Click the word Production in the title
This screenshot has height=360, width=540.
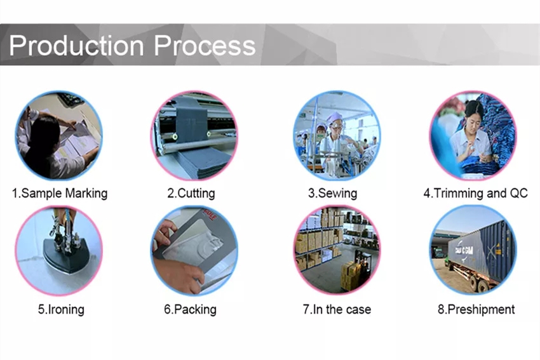coord(76,45)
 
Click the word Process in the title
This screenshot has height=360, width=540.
coord(205,45)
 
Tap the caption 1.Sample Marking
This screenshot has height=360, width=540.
coord(60,193)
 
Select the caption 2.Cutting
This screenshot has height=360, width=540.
coord(191,193)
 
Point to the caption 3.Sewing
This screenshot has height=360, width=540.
coord(332,193)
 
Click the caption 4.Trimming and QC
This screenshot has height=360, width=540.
coord(476,193)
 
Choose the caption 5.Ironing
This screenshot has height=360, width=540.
coord(61,309)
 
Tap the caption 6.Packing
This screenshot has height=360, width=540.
coord(190,309)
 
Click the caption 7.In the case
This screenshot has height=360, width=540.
coord(337,309)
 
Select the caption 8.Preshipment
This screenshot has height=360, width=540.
coord(476,309)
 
